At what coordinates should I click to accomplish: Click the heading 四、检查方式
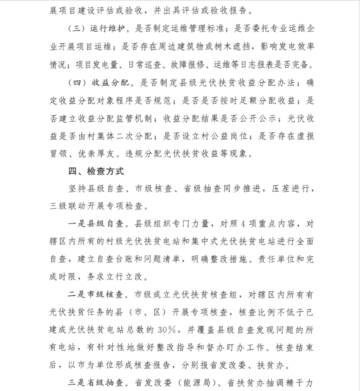[x=97, y=172]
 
